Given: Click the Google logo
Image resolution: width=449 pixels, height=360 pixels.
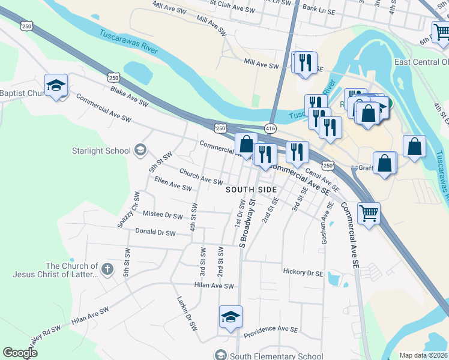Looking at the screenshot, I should [x=20, y=353].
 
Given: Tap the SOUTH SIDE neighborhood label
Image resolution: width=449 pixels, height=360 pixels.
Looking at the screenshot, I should [x=252, y=190].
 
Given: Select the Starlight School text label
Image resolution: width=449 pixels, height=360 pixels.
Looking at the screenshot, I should [x=101, y=151].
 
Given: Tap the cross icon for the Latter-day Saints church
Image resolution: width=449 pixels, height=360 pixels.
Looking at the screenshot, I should [x=107, y=269].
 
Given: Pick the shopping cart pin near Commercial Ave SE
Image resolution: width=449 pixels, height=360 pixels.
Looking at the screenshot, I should [x=369, y=213].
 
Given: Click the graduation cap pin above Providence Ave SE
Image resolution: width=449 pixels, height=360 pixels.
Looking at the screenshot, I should [x=231, y=317].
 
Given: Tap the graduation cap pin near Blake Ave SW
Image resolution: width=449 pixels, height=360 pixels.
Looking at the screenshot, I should [x=56, y=85].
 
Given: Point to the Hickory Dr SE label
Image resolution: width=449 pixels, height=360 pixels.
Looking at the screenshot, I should [x=303, y=272].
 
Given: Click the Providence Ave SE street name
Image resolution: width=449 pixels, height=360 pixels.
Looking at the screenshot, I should [x=271, y=329].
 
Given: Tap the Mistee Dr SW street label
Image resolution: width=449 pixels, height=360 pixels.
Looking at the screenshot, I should [x=162, y=215].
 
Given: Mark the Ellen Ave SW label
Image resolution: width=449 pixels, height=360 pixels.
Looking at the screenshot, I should [x=173, y=188].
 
